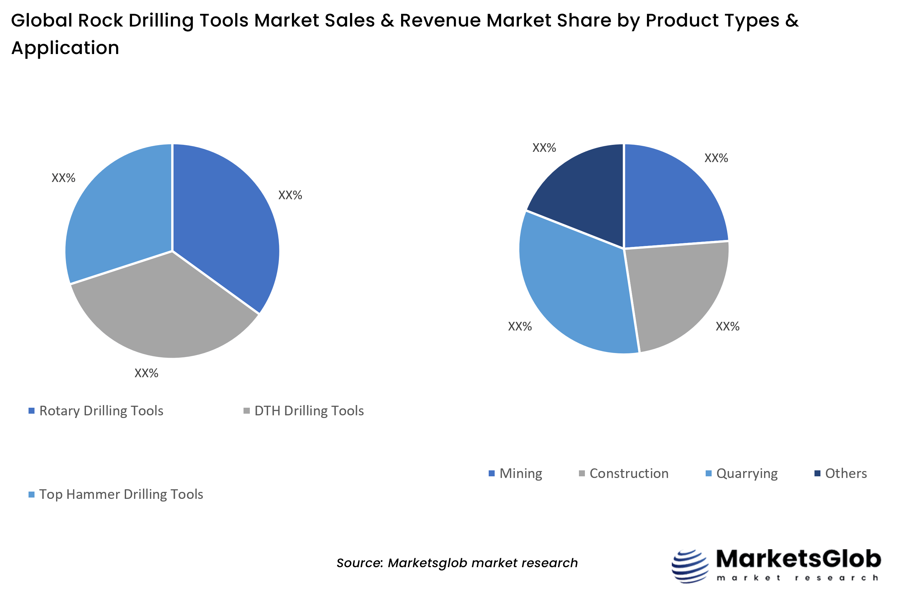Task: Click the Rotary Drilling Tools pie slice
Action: click(x=224, y=223)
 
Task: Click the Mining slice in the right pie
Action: click(x=670, y=200)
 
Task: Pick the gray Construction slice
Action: click(x=678, y=293)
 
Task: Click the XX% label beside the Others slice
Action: click(x=544, y=148)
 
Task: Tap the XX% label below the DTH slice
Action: click(x=146, y=373)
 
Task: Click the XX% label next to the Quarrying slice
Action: click(x=520, y=326)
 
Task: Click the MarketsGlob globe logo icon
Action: click(x=690, y=566)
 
